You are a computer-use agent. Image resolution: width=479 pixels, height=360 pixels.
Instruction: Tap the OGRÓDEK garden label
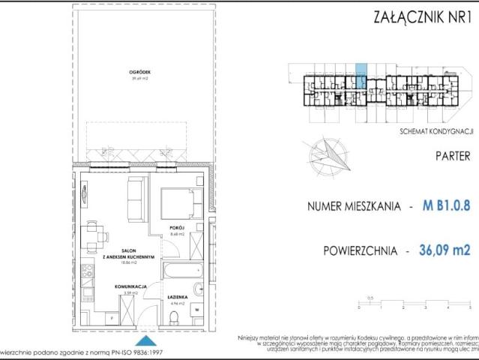[140, 73]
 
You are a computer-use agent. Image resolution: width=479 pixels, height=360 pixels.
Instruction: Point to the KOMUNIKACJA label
[129, 286]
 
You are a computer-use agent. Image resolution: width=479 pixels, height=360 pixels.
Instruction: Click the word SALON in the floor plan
[129, 253]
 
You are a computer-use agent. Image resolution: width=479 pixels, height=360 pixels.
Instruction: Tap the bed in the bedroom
[181, 202]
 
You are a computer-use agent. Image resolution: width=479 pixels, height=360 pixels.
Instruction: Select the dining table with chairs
[94, 235]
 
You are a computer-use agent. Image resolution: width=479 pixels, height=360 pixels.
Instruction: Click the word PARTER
[453, 157]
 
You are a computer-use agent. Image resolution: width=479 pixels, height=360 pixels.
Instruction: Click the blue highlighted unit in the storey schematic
[361, 77]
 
